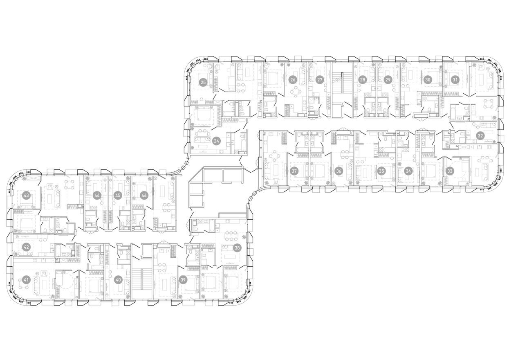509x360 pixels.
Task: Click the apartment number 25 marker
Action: coord(203,83)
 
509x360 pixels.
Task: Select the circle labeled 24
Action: coord(216,141)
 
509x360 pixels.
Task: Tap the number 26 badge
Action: coord(293,80)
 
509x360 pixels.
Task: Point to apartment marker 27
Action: coord(320,80)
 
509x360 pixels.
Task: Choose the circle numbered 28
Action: coord(362,80)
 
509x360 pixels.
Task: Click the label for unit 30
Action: coord(428,80)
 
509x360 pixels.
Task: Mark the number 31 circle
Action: coord(454,80)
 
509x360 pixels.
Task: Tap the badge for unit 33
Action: coord(450,171)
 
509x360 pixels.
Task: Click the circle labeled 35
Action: coord(381,171)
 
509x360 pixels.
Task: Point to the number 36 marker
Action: coord(338,171)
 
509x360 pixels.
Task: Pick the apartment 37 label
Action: coord(294,171)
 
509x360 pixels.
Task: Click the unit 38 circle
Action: coord(237,248)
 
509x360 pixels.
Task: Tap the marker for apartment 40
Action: coord(118,280)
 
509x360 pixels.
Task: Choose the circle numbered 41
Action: coord(26,280)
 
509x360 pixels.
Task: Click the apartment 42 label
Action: coord(26,247)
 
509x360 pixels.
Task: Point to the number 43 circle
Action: coord(26,195)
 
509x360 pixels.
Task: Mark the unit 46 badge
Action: coord(144,195)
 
